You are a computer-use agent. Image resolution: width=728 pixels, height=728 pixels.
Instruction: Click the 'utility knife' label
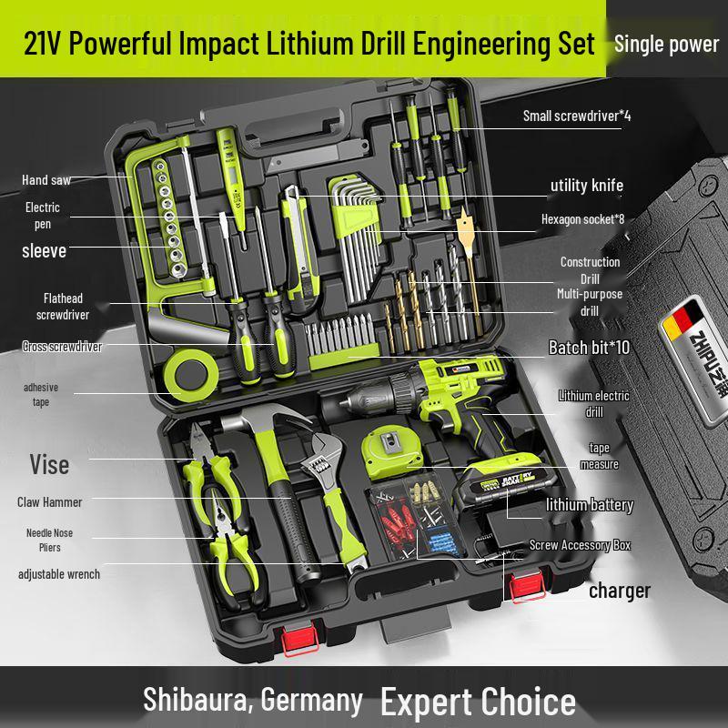(586, 186)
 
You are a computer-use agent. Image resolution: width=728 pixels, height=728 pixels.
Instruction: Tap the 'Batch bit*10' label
(589, 348)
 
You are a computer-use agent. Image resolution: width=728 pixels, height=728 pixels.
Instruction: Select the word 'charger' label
(620, 591)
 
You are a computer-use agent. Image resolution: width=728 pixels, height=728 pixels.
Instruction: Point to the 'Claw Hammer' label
(50, 502)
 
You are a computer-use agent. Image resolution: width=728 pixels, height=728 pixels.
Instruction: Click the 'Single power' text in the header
(667, 44)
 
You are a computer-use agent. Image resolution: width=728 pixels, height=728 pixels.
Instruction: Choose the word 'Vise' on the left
(49, 464)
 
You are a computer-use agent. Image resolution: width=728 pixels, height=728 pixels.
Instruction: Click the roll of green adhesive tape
(191, 374)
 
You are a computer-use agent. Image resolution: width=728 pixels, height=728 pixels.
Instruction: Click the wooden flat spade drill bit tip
(465, 232)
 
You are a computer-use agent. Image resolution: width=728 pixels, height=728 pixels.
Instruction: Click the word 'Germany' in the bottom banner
(311, 700)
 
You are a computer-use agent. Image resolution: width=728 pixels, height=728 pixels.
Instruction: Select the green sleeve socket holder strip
(168, 217)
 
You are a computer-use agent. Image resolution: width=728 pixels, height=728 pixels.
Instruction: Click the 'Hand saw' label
(46, 179)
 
